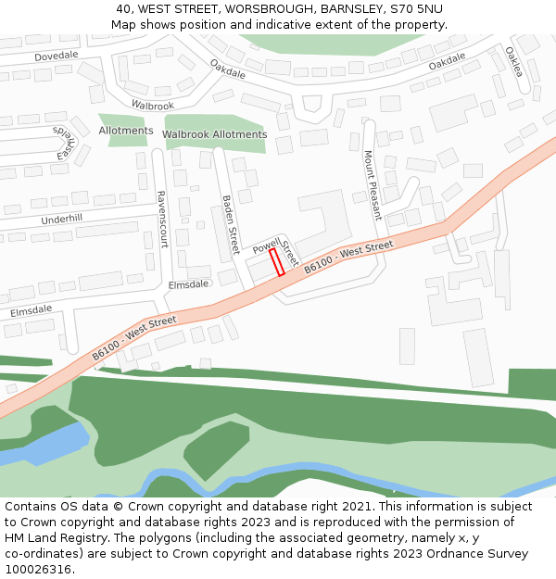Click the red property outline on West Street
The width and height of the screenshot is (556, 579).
[276, 262]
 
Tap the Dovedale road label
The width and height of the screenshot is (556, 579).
[57, 56]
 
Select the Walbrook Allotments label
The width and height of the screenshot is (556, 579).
[214, 134]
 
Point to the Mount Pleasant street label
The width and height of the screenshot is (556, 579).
[373, 184]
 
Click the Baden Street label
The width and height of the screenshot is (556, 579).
[231, 226]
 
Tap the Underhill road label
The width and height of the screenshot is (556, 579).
[61, 220]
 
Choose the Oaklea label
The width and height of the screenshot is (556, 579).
[514, 62]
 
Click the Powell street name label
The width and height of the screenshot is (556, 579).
[266, 245]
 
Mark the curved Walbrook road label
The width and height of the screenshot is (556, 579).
[152, 106]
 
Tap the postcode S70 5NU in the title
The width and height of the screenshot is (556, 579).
[416, 8]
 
